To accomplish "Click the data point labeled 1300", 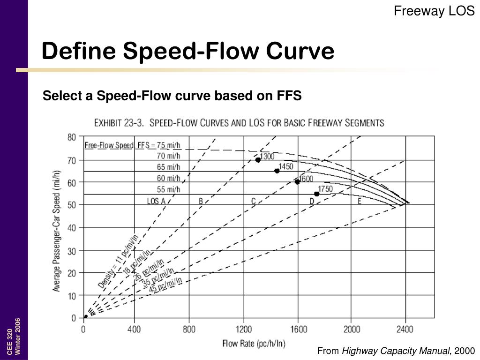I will (x=258, y=160).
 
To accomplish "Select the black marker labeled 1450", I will (x=277, y=171).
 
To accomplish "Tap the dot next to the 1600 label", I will (x=297, y=181).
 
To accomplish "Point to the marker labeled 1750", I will (x=317, y=194).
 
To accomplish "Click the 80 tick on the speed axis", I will (x=71, y=137).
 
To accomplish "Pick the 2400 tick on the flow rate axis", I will (x=405, y=329).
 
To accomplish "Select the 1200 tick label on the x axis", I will (x=244, y=329).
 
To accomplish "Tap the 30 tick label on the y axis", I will (x=71, y=250).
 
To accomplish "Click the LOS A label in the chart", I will (x=156, y=201).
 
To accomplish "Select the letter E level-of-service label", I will (x=360, y=201).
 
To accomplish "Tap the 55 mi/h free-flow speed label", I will (x=168, y=189).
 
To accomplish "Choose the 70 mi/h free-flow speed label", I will (x=168, y=156).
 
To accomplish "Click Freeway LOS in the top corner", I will (x=434, y=11).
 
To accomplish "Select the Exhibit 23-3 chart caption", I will (x=239, y=123).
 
